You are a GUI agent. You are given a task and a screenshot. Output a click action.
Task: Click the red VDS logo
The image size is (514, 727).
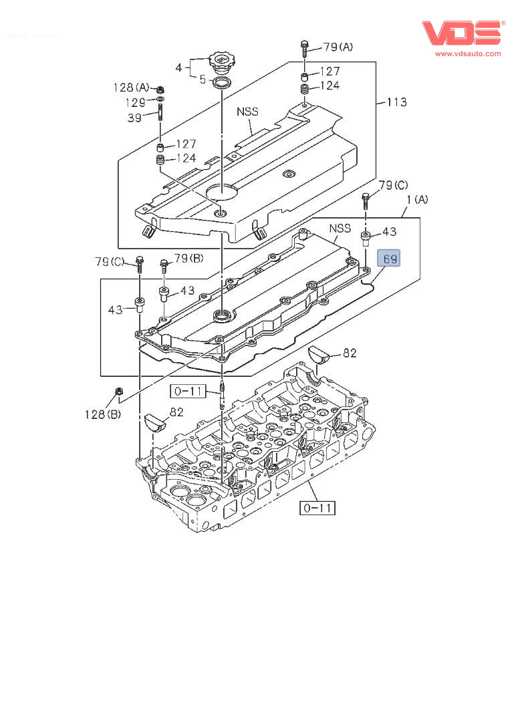pos(461,33)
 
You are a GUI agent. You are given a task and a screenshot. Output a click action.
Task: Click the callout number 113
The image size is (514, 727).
pos(397,102)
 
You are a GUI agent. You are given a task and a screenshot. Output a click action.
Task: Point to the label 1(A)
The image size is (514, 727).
pos(417,200)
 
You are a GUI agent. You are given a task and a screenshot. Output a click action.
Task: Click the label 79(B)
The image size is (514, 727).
pos(188,258)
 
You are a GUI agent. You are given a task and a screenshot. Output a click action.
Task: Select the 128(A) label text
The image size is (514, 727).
pos(131,88)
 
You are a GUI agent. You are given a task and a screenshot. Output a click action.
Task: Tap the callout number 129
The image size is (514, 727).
pos(136,102)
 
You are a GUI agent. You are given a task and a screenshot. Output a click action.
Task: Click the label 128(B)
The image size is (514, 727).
pos(102,415)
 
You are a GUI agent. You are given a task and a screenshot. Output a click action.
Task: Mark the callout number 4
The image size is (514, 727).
pos(178,67)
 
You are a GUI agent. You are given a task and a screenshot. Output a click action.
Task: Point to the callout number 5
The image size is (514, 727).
pos(202,79)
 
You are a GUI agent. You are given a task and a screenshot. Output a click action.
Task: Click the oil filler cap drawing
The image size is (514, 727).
pos(221,64)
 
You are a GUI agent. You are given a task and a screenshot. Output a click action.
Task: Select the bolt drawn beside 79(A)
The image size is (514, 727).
pos(305,48)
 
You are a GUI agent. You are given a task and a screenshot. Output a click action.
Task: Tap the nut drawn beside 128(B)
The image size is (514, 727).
pos(119,391)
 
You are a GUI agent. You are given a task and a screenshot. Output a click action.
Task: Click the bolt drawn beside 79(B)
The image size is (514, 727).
pos(164,265)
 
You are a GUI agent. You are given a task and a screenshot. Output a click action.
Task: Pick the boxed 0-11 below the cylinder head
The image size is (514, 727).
pos(317,508)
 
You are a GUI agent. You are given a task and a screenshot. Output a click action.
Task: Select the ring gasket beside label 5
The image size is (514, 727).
pos(222,83)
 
